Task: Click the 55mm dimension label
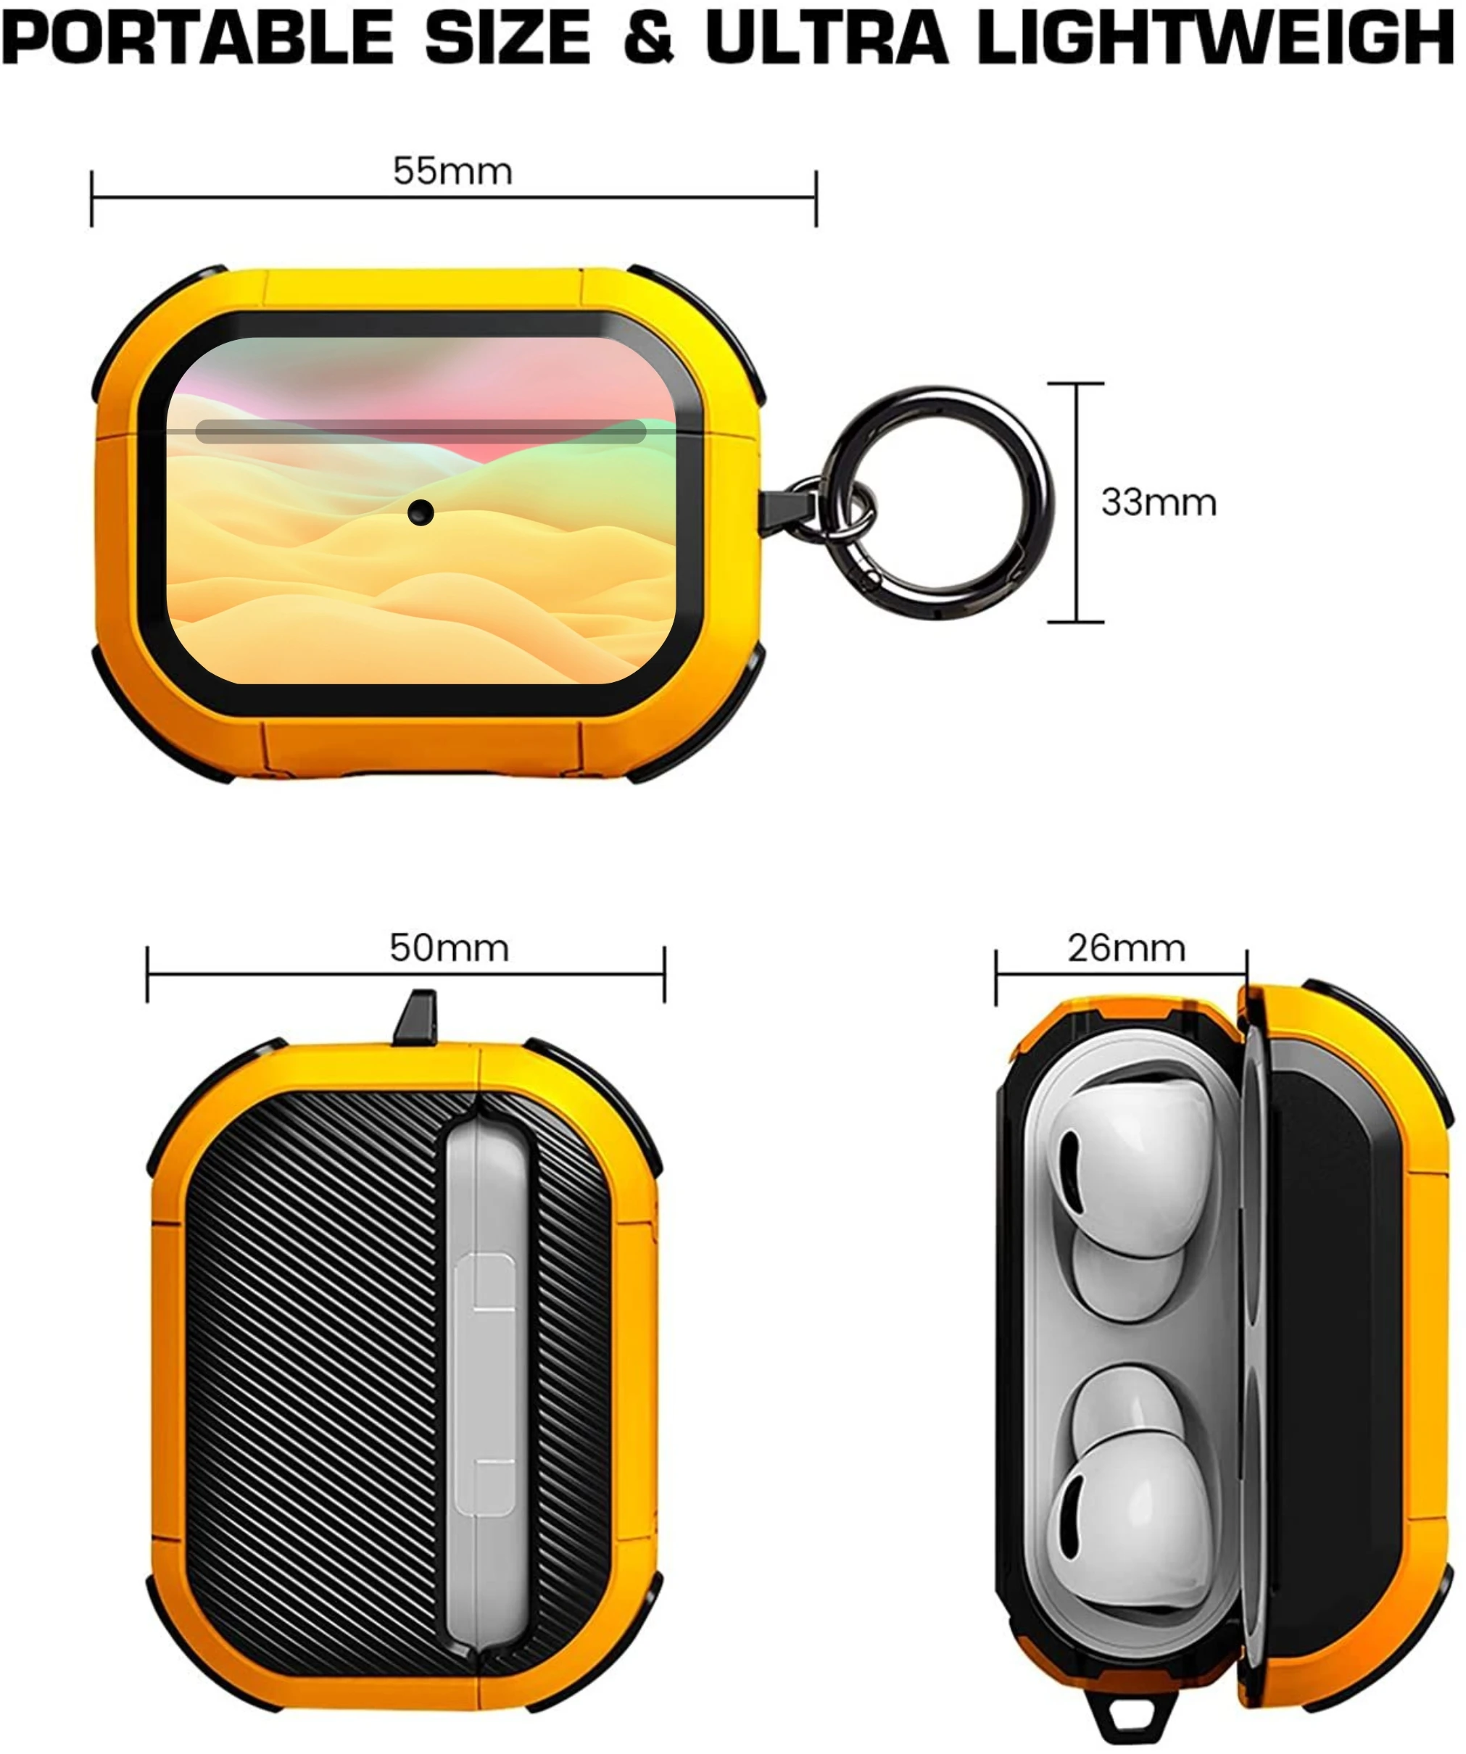452,171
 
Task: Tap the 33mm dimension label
1159,502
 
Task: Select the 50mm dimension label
449,948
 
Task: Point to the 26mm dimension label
1126,948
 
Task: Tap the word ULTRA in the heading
827,38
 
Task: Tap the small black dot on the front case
421,513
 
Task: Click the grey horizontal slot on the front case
421,432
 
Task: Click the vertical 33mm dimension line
1076,502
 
